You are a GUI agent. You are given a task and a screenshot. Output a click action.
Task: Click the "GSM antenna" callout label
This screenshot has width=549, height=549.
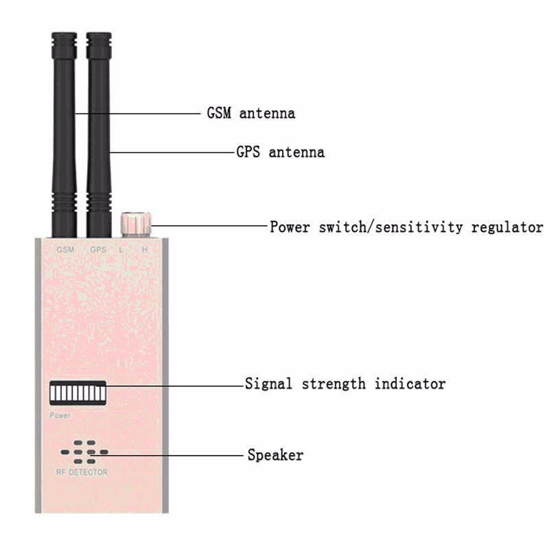pos(251,113)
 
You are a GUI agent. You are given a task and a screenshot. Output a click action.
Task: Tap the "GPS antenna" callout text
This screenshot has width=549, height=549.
pos(281,152)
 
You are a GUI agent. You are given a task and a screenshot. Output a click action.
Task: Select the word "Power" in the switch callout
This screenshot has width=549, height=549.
pos(290,227)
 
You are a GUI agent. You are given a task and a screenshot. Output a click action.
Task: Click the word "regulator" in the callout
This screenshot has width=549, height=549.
pos(507,227)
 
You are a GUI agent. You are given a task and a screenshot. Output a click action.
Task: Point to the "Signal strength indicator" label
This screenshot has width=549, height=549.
pos(345,384)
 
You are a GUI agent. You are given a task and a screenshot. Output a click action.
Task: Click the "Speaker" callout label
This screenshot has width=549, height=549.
pos(276,455)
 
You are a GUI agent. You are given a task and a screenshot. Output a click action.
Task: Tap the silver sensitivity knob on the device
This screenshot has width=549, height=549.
pos(136,224)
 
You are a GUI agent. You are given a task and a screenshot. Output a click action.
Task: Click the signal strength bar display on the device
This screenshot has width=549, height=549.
pos(78,393)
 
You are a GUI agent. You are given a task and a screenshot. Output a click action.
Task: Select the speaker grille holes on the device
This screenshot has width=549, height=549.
pos(84,452)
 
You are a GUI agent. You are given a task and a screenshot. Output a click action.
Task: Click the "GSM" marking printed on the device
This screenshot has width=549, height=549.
pos(65,250)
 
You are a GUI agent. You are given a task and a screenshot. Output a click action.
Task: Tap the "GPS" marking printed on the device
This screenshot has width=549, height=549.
pos(98,250)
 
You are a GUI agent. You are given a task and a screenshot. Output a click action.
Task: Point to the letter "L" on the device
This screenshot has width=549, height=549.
pos(121,250)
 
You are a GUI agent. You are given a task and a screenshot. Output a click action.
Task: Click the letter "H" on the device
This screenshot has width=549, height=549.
pos(145,250)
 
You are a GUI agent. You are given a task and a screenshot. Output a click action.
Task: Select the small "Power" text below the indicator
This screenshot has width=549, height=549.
pos(60,416)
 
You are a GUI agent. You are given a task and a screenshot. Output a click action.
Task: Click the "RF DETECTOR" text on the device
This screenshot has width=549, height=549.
pos(82,472)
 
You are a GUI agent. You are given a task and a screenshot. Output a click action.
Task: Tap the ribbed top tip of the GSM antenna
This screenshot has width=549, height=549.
pos(64,45)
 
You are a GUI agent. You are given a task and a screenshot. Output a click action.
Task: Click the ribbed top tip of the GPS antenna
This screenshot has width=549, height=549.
pos(99,45)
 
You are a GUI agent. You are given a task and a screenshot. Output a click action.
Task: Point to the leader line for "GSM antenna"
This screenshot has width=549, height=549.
pos(138,113)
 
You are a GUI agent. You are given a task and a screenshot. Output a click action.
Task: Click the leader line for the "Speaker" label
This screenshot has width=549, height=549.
pos(166,456)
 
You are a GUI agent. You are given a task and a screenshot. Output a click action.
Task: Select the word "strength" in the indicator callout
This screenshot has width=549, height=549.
pos(334,384)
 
